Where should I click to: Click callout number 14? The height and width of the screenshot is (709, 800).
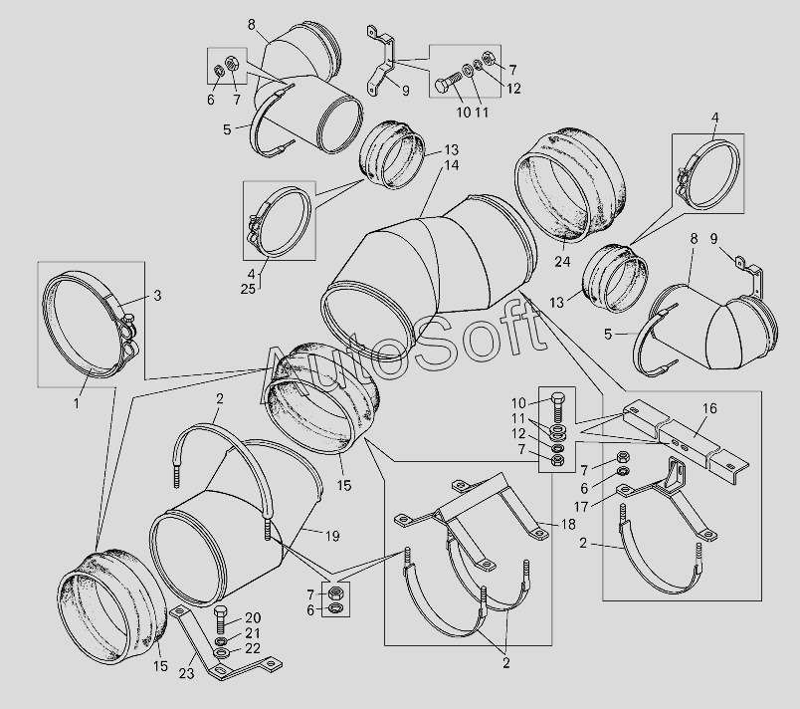tap(451, 165)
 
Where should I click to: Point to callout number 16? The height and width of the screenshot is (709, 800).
tap(709, 408)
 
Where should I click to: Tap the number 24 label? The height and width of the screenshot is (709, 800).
tap(563, 262)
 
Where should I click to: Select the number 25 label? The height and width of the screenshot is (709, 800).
tap(248, 289)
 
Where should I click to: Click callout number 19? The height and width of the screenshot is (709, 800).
tap(332, 536)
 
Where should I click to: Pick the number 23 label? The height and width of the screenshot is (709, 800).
tap(187, 674)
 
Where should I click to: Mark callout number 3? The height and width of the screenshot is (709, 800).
tap(157, 296)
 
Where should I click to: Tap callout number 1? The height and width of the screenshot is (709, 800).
tap(77, 403)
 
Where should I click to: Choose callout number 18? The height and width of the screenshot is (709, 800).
tap(568, 524)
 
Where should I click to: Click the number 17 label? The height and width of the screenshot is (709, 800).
tap(581, 507)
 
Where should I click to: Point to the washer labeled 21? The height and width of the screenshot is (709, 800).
tap(222, 641)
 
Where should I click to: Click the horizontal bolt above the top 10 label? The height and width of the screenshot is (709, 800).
tap(449, 85)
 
